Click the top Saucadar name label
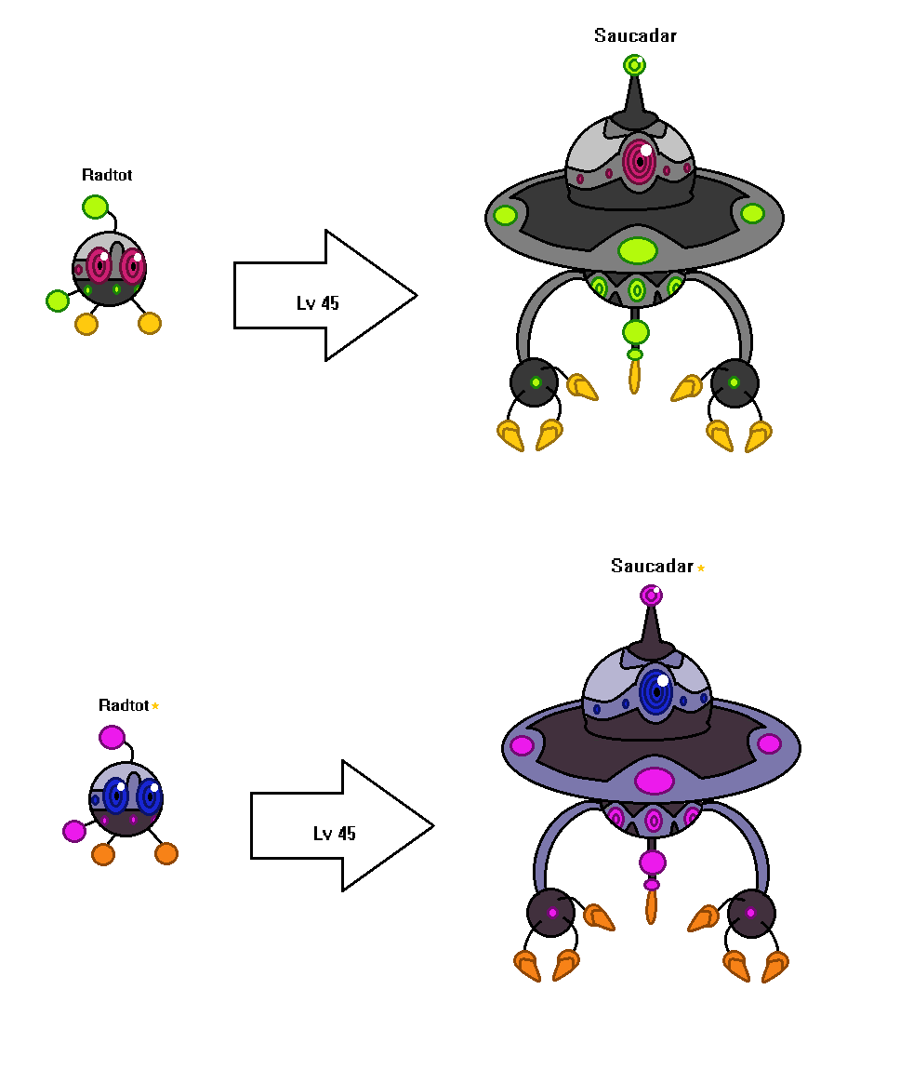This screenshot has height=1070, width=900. click(x=635, y=35)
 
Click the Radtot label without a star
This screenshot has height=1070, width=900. click(x=107, y=175)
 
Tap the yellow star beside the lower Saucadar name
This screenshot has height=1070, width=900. click(x=701, y=568)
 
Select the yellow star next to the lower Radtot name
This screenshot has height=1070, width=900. click(x=155, y=705)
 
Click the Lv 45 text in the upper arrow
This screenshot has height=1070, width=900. click(x=318, y=303)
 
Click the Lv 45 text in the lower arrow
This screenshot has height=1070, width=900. click(x=334, y=834)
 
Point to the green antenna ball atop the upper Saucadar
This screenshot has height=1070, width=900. click(x=634, y=65)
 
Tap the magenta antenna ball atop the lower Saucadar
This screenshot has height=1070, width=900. click(x=651, y=595)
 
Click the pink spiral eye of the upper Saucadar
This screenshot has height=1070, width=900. click(x=640, y=161)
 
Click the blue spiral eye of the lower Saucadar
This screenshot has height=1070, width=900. click(x=656, y=692)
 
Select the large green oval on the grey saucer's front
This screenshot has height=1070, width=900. click(x=638, y=250)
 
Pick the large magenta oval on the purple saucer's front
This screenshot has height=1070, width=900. click(x=655, y=781)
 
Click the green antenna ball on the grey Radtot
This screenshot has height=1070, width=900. click(x=96, y=207)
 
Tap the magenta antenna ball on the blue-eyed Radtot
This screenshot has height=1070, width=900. click(x=112, y=737)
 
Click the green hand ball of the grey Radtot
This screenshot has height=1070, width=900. click(x=58, y=301)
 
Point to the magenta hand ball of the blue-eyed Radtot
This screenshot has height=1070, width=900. click(x=74, y=831)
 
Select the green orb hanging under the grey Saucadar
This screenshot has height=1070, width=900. click(x=635, y=332)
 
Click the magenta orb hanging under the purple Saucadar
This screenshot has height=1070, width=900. click(x=653, y=863)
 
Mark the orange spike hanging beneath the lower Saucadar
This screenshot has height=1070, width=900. click(x=651, y=907)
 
